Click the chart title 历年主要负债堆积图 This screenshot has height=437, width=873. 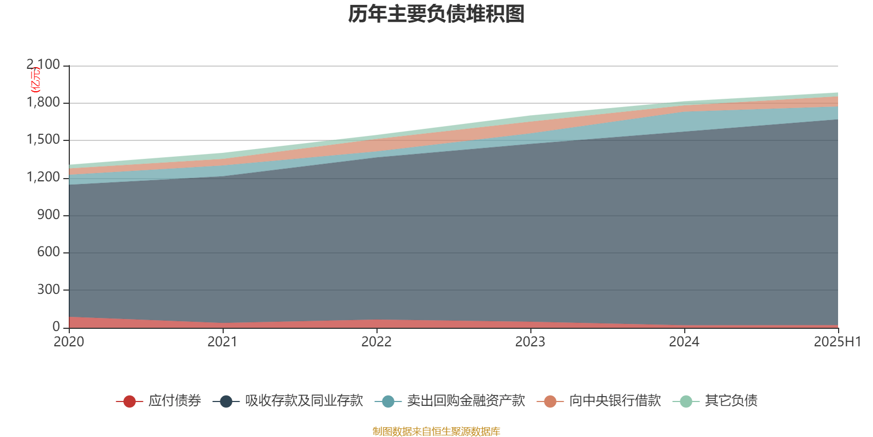pyautogui.click(x=436, y=14)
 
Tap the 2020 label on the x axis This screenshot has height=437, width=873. pyautogui.click(x=69, y=341)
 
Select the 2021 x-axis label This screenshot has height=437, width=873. pyautogui.click(x=223, y=341)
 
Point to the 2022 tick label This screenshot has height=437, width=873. pyautogui.click(x=376, y=341)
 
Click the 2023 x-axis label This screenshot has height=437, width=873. pyautogui.click(x=530, y=341)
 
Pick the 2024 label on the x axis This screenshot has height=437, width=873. pyautogui.click(x=684, y=341)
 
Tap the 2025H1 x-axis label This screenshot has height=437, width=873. pyautogui.click(x=837, y=341)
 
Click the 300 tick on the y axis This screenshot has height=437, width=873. pyautogui.click(x=49, y=290)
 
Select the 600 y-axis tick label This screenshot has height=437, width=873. pyautogui.click(x=49, y=252)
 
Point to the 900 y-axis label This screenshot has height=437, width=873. pyautogui.click(x=49, y=215)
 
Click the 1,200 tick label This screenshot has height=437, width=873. pyautogui.click(x=43, y=178)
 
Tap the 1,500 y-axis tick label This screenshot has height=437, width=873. pyautogui.click(x=43, y=140)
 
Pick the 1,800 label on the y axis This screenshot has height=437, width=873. pyautogui.click(x=43, y=103)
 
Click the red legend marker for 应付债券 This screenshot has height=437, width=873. pyautogui.click(x=129, y=401)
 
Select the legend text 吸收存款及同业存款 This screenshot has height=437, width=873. pyautogui.click(x=303, y=401)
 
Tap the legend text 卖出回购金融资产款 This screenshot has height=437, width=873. pyautogui.click(x=465, y=401)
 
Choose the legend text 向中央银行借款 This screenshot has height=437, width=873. pyautogui.click(x=614, y=401)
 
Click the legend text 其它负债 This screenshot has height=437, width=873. pyautogui.click(x=731, y=401)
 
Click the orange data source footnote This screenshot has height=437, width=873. pyautogui.click(x=436, y=432)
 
